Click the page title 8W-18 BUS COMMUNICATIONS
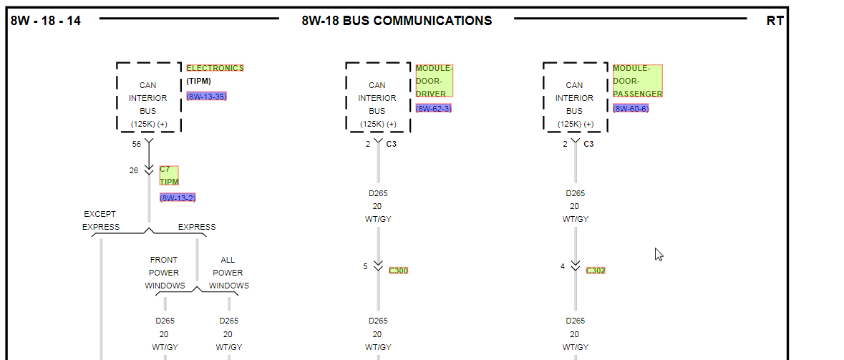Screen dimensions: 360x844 click(x=397, y=21)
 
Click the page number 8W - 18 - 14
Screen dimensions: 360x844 click(x=46, y=21)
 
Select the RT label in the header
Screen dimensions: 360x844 click(x=775, y=21)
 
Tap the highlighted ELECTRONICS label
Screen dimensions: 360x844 click(x=215, y=68)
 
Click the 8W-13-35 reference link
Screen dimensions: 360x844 click(x=207, y=96)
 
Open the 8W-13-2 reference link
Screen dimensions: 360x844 click(x=178, y=198)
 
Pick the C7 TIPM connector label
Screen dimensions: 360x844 click(x=169, y=175)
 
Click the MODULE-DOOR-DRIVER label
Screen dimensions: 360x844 click(x=434, y=81)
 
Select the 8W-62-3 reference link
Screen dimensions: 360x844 click(x=433, y=108)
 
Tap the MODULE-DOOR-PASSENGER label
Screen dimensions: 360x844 click(x=637, y=81)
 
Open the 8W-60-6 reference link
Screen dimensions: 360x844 click(x=631, y=108)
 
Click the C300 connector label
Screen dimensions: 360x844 click(x=398, y=271)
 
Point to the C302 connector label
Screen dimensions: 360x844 click(x=596, y=271)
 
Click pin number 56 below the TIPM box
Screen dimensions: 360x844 click(x=136, y=144)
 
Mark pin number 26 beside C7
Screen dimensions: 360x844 click(x=134, y=170)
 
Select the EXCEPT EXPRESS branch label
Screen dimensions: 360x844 click(x=100, y=220)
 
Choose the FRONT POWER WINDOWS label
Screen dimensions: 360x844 click(x=165, y=273)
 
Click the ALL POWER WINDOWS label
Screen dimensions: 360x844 click(x=228, y=273)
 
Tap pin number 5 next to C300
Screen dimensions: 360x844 click(x=365, y=266)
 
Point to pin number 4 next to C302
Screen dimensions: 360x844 click(x=563, y=266)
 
